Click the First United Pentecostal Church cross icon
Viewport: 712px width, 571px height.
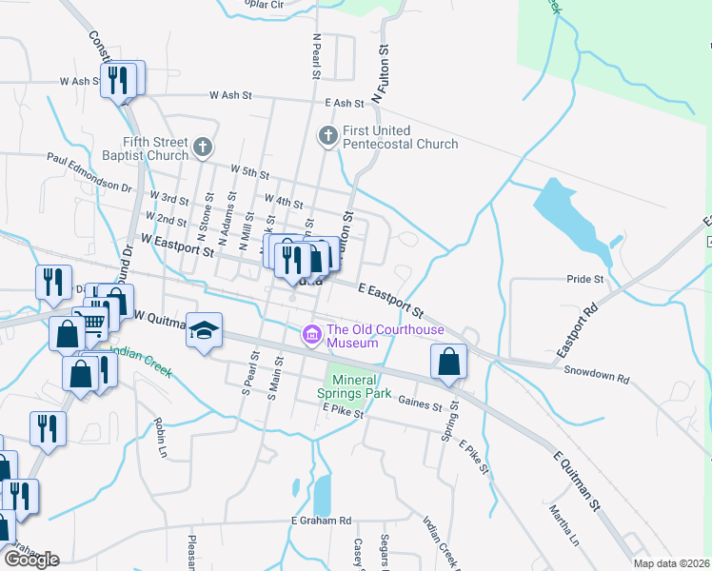[x=327, y=136]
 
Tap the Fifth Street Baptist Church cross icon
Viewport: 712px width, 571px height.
[x=202, y=148]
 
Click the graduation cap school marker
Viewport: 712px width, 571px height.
[x=204, y=329]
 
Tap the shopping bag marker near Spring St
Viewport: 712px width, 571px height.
[x=448, y=363]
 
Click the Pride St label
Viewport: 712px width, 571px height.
[x=585, y=280]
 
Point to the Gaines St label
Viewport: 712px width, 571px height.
[x=420, y=404]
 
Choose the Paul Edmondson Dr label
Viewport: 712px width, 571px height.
[x=88, y=173]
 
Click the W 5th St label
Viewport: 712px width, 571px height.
[x=250, y=174]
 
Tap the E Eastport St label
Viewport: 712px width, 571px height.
[x=390, y=299]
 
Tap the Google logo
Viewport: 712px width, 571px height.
[x=31, y=559]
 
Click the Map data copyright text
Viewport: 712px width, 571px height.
[x=672, y=563]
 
